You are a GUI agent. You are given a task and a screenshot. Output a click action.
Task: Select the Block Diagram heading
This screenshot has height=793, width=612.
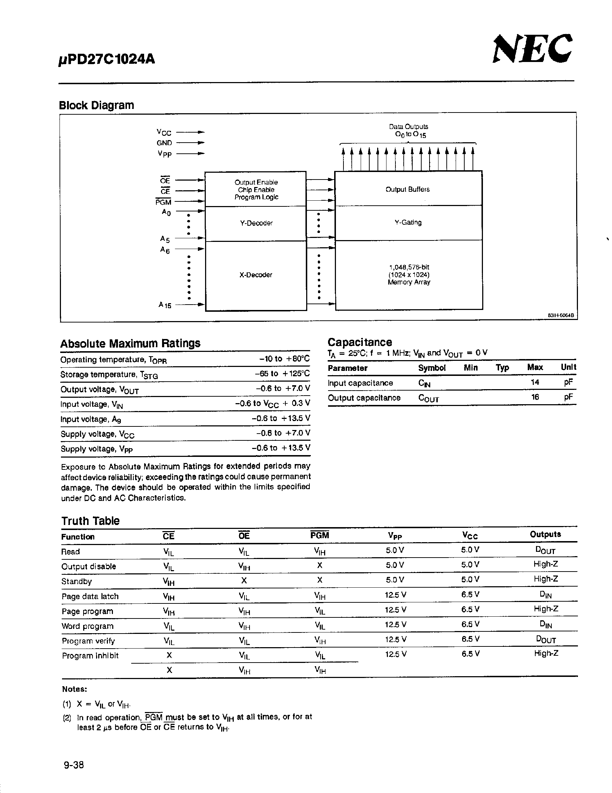[x=96, y=105]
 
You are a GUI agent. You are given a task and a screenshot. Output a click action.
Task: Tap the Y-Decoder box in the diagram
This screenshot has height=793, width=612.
[x=256, y=223]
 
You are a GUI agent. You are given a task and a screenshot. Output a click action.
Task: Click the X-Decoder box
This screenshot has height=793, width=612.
[x=256, y=275]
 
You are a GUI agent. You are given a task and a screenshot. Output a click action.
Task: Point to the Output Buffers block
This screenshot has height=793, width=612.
[x=408, y=189]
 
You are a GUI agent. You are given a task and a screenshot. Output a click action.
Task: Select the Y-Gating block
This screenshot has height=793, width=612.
[x=408, y=222]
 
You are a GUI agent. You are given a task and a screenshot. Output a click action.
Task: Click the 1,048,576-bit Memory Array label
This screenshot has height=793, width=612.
[x=409, y=274]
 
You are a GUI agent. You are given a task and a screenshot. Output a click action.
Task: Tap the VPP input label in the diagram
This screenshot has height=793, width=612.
[x=164, y=154]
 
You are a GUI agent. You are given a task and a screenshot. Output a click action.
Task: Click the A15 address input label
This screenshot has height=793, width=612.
[x=165, y=305]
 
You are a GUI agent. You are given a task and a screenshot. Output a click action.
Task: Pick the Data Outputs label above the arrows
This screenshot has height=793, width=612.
[x=409, y=130]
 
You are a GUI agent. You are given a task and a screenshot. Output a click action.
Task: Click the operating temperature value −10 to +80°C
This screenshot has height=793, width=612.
[x=284, y=359]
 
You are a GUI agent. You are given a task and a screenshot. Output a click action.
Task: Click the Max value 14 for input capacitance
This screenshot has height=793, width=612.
[x=535, y=382]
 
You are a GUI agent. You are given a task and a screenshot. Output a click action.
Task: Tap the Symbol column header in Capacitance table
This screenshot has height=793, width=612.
[x=432, y=368]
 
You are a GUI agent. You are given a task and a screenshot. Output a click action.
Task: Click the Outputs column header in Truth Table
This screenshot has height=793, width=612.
[x=545, y=534]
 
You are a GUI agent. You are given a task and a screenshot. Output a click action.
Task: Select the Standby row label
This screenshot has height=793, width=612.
[x=77, y=581]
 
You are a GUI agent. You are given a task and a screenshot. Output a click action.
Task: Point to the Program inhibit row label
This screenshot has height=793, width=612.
[x=90, y=655]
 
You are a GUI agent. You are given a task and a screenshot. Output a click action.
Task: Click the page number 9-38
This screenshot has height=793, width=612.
[x=74, y=765]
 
